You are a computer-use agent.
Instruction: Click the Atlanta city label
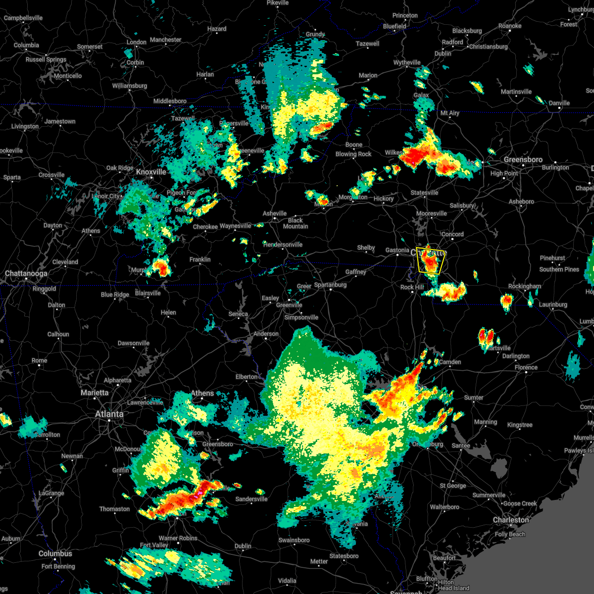[109, 414]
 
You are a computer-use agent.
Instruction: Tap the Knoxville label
[151, 172]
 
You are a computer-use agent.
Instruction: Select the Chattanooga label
[26, 273]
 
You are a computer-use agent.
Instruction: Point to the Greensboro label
[523, 159]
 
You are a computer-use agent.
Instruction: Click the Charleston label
[510, 520]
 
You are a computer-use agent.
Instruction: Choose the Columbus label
[55, 553]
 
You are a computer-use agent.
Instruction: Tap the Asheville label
[275, 213]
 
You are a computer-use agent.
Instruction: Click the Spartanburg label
[330, 285]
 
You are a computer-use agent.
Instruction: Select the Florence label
[526, 367]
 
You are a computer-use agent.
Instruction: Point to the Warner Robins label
[178, 538]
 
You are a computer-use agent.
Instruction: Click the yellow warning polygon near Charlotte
[430, 261]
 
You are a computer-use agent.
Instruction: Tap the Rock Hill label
[412, 287]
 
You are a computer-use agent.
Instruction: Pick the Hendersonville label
[283, 245]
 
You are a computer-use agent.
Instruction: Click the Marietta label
[94, 393]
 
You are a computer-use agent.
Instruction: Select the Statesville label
[424, 193]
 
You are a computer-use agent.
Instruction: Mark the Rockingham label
[524, 286]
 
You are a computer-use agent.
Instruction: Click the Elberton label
[246, 377]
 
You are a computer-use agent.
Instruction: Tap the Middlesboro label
[170, 101]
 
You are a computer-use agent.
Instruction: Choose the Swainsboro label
[294, 540]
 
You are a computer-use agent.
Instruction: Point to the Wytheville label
[407, 62]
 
